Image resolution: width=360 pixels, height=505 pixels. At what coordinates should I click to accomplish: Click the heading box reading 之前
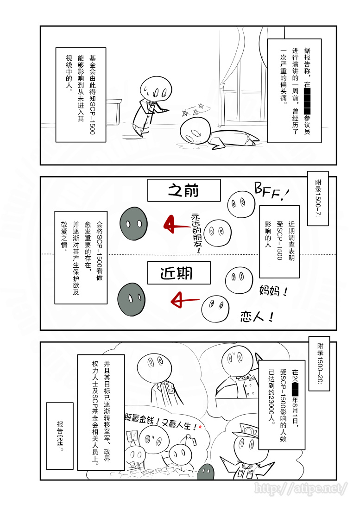point(184,190)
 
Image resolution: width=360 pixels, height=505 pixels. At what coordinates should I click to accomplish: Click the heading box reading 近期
point(179,273)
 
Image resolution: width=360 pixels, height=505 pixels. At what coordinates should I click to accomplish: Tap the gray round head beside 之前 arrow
point(134,223)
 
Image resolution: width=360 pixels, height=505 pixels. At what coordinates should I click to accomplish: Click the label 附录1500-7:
point(318,198)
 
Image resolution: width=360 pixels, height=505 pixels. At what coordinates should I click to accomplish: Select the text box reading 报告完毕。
point(60,429)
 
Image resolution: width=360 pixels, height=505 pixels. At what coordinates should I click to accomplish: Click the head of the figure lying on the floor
point(193,131)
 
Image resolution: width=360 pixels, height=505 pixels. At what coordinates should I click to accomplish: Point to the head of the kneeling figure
point(154,88)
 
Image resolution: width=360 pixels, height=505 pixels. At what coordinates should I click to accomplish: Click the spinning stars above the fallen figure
point(194,109)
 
